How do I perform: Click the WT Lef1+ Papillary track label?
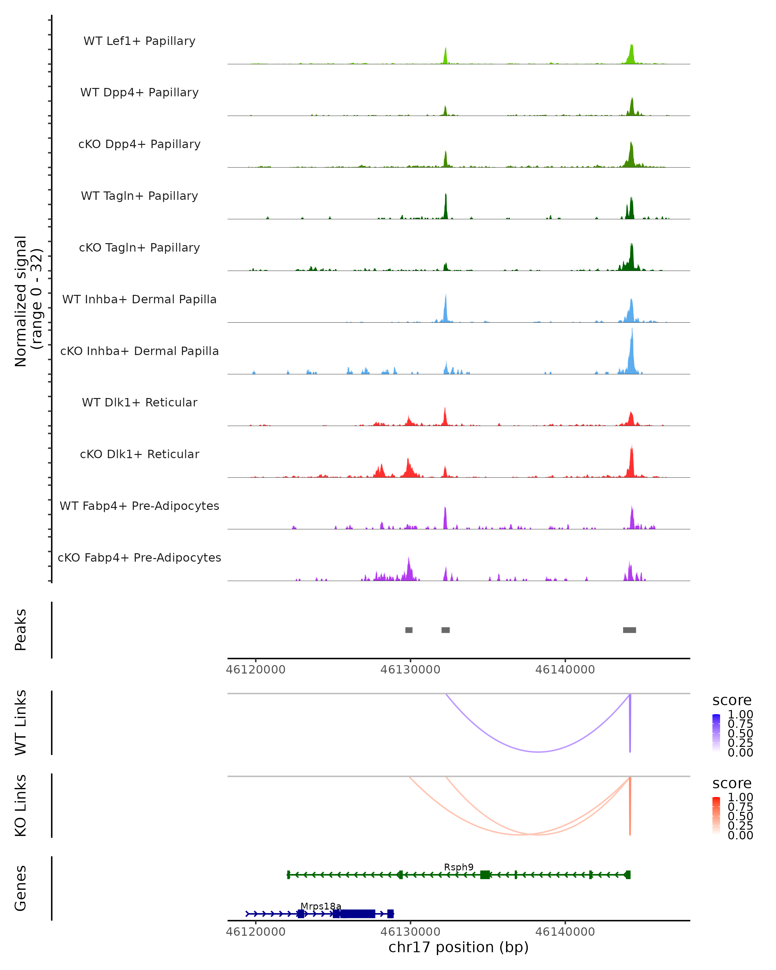tap(139, 41)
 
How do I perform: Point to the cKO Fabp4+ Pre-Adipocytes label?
tap(139, 557)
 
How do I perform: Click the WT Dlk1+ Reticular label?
tap(139, 402)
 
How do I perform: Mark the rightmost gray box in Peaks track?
tap(629, 630)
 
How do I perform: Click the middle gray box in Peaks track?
tap(445, 630)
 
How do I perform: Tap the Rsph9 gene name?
tap(458, 868)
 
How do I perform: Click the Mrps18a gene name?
tap(321, 906)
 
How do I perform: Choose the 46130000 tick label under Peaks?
tap(410, 670)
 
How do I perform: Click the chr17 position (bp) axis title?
tap(458, 947)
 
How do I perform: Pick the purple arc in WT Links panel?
tap(538, 752)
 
